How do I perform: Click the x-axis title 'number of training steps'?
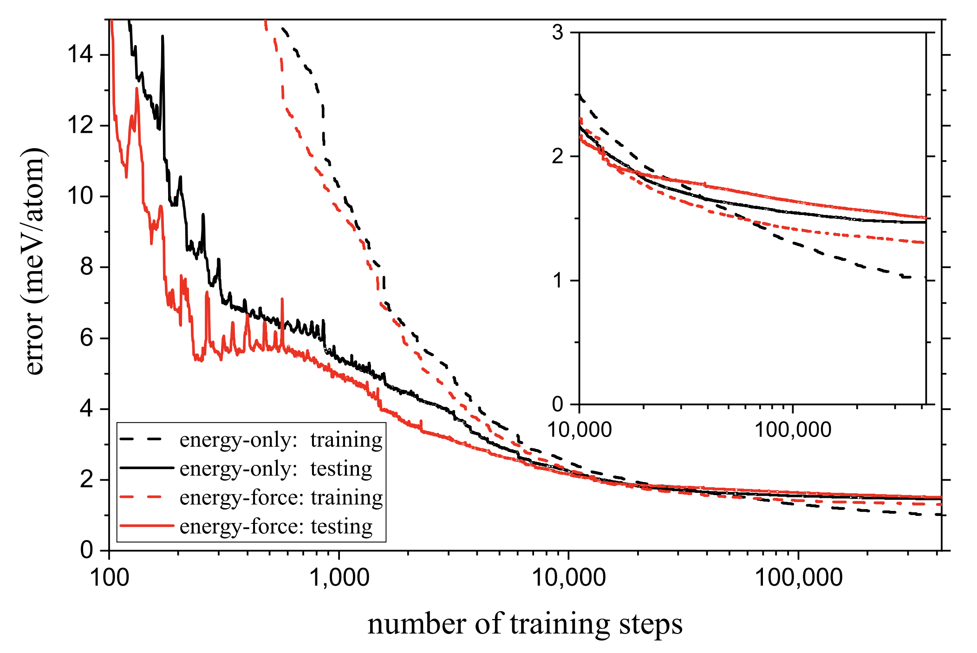[525, 623]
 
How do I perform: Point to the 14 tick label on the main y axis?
[80, 55]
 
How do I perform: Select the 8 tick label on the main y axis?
[86, 267]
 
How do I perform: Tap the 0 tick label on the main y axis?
[86, 550]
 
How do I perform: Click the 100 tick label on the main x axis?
[110, 578]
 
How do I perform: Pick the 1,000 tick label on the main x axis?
[339, 578]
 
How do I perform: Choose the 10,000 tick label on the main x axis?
[568, 578]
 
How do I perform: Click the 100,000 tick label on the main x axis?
[798, 578]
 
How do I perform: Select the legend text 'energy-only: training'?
[281, 439]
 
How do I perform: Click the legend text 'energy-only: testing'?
[276, 468]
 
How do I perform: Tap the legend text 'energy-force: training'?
[281, 497]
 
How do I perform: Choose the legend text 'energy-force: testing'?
[276, 526]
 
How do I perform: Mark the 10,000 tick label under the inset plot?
[580, 430]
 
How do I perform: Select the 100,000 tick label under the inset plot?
[792, 430]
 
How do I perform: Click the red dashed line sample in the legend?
[146, 497]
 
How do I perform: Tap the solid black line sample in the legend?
[146, 468]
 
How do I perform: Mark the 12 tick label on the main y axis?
[80, 125]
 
